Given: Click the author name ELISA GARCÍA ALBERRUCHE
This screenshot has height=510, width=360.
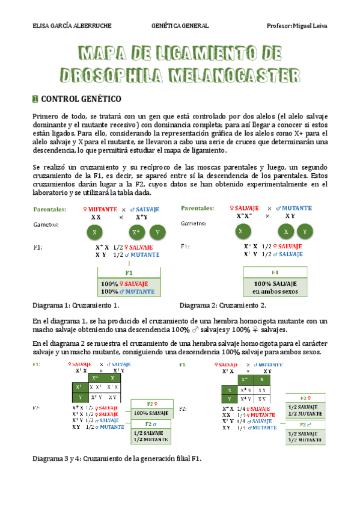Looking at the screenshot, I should click(x=70, y=26).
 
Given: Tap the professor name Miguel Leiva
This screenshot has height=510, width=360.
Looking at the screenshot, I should click(x=310, y=26).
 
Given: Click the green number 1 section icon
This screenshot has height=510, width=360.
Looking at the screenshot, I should click(x=35, y=98).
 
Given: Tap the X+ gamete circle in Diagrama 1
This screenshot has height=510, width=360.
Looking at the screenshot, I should click(x=137, y=232).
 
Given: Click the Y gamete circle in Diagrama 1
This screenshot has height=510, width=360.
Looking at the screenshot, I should click(x=157, y=232).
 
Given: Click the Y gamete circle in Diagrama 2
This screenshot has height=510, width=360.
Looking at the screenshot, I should click(x=305, y=232).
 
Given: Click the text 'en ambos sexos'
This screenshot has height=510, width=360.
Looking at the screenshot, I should click(x=275, y=292).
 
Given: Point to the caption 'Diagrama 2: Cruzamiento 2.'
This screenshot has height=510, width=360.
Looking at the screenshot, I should click(x=222, y=305).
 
